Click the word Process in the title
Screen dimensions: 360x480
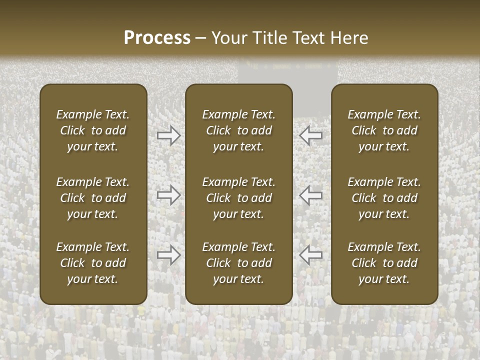[157, 38]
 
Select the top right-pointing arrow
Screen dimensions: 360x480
[168, 135]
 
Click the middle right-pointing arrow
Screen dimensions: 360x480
[168, 195]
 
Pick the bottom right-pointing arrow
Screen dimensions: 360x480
[168, 255]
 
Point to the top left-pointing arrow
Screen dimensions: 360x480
[311, 135]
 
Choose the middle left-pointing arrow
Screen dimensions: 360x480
[311, 195]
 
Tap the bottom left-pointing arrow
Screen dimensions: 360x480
[311, 255]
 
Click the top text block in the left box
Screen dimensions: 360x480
[93, 130]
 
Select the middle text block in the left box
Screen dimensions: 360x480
[93, 198]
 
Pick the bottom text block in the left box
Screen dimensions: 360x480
[93, 263]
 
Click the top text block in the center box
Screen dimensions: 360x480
[238, 130]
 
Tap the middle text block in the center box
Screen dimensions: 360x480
[238, 198]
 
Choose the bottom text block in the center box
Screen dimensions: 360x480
[238, 263]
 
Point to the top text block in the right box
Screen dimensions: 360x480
[384, 130]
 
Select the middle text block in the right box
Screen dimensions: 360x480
[384, 198]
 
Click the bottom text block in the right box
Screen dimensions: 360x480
[384, 263]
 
